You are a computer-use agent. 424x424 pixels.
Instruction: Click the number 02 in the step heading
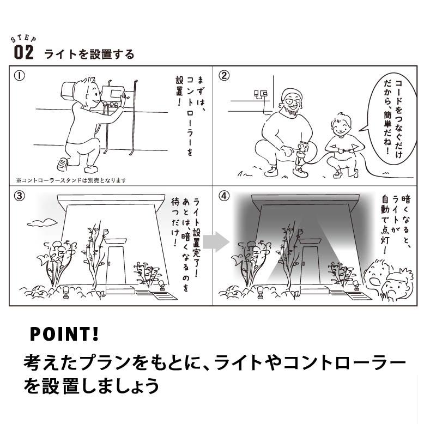point(24,53)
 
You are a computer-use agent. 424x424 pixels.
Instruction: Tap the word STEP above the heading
point(24,40)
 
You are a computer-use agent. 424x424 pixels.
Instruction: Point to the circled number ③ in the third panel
point(19,196)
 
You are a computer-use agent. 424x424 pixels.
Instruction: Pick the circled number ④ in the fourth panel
point(224,196)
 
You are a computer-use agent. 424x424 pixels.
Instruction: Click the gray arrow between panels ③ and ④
point(219,241)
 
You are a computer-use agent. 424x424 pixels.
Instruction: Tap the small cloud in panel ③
point(42,222)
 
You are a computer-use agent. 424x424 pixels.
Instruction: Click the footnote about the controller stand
point(71,180)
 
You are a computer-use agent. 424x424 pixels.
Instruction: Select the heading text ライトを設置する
point(89,54)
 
